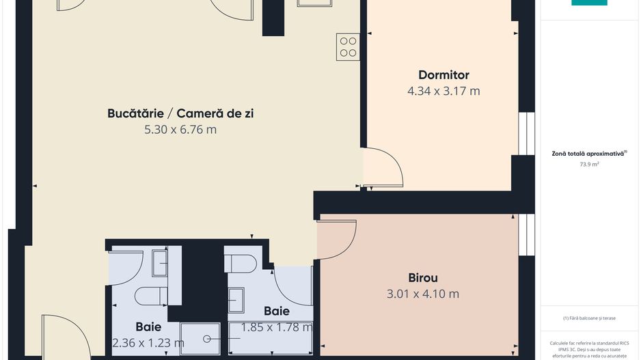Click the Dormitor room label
point(444,75)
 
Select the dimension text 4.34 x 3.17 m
point(444,90)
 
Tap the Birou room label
point(422,278)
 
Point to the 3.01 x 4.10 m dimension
point(424,294)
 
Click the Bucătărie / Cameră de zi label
point(180,113)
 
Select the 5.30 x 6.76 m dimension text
point(180,129)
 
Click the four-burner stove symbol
point(348,46)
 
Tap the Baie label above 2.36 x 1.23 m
point(148,327)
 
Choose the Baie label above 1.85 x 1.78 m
point(277,311)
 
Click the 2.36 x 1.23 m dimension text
point(148,342)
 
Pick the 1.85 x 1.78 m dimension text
point(277,327)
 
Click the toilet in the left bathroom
point(150,295)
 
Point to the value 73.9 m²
point(588,164)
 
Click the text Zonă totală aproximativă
point(588,154)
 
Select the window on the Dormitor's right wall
point(526,133)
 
